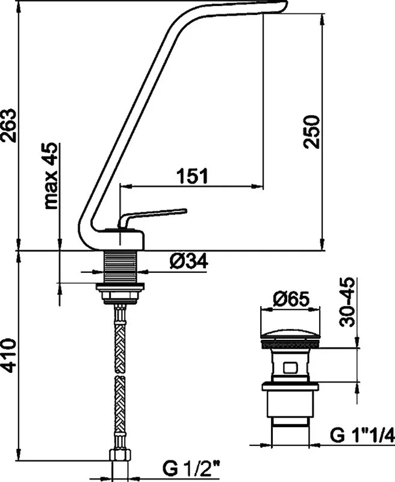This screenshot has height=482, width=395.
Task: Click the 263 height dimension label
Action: pos(8,125)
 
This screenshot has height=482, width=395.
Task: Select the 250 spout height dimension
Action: pos(311,132)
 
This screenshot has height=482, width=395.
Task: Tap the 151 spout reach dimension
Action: pos(192,176)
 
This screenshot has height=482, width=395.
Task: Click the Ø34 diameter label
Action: pos(188,261)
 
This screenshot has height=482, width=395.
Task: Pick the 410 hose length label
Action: pos(8,355)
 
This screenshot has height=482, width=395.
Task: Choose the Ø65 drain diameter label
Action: pos(291,299)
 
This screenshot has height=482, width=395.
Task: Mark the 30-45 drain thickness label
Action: pos(347,302)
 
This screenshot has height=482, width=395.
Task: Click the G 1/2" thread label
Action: pos(191,469)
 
